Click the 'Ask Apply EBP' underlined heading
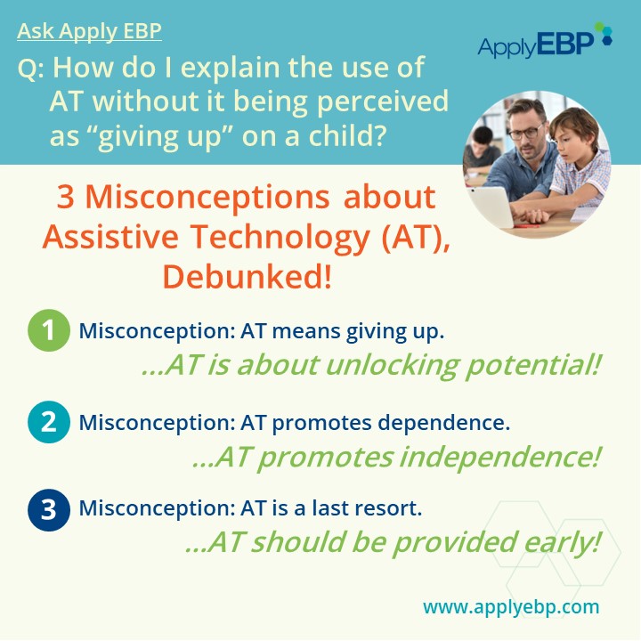(x=90, y=31)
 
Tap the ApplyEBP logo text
(x=536, y=45)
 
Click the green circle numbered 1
(x=49, y=330)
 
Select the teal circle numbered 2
(x=49, y=422)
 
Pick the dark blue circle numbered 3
(x=49, y=510)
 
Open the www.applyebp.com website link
(x=511, y=606)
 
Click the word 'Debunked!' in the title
(x=247, y=277)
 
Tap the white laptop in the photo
(x=491, y=207)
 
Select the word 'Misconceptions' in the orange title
(x=207, y=197)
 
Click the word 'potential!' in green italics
(x=532, y=365)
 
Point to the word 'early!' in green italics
(x=562, y=542)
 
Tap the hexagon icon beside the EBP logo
(x=604, y=32)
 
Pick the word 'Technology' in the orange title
(x=280, y=238)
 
